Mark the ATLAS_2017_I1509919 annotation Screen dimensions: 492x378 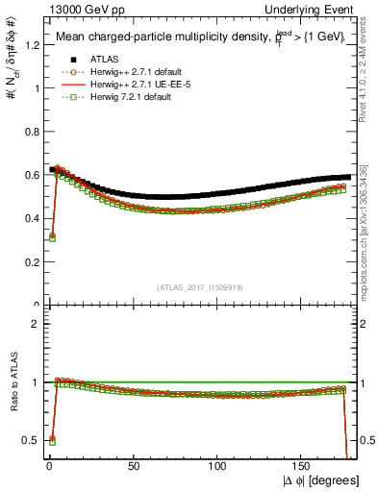[x=199, y=286]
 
